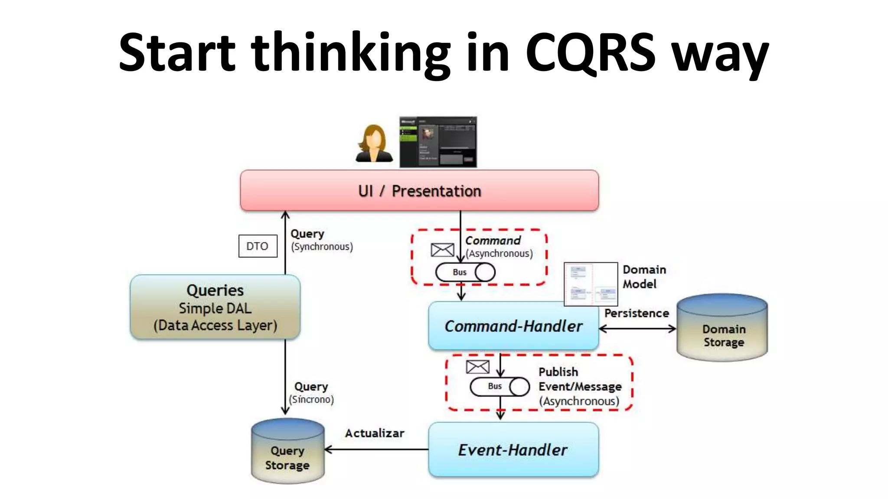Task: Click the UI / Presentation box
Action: coord(419,191)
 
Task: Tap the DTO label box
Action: coord(258,246)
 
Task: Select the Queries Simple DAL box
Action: coord(215,307)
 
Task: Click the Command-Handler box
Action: coord(513,326)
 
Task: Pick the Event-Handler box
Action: coord(513,450)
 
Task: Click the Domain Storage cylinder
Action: coord(723,328)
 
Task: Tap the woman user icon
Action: coord(374,143)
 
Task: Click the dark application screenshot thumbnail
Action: coord(438,142)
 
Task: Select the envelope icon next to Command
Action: coord(442,250)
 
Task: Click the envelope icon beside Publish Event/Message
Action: coord(477,367)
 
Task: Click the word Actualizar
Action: coord(374,433)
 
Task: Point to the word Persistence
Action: coord(637,313)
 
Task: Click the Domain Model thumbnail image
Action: coord(591,284)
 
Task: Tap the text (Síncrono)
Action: coord(311,399)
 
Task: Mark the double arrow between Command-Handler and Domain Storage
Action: coord(637,329)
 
